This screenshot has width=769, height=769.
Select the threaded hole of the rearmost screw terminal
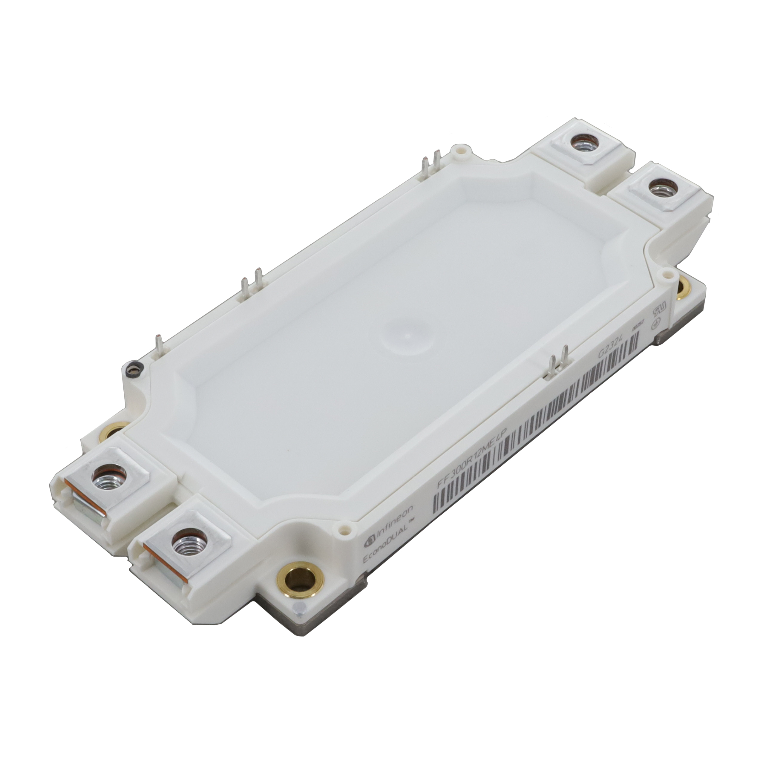[x=581, y=143]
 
